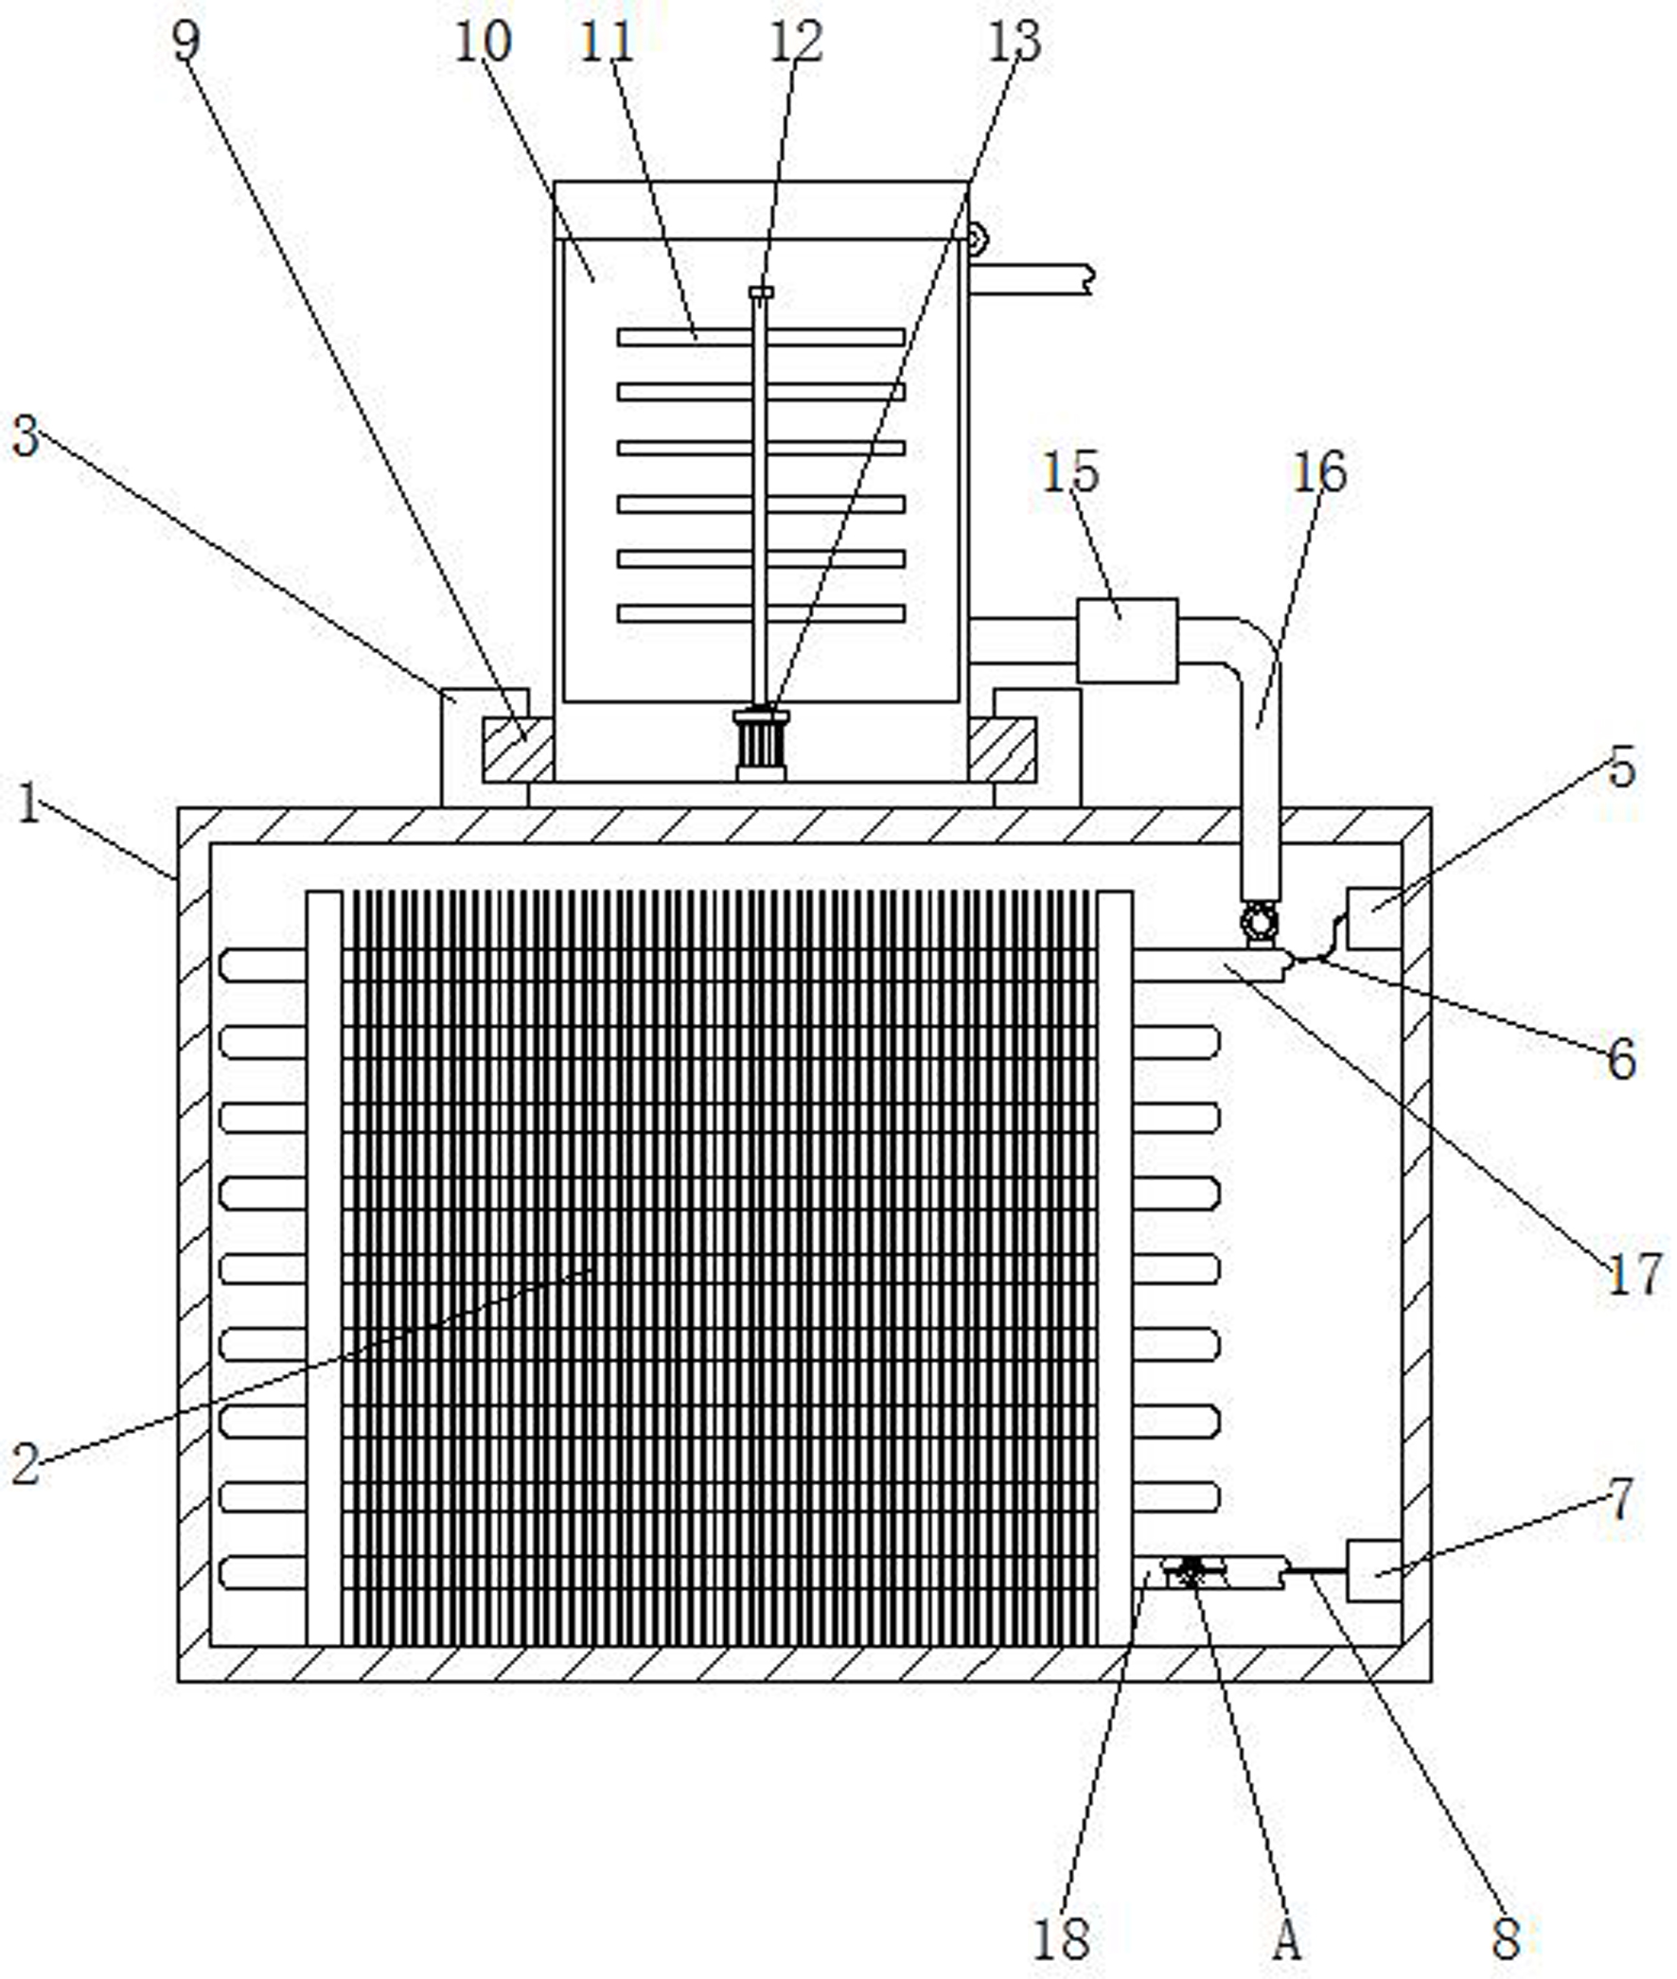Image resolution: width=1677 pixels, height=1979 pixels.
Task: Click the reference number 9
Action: (x=186, y=41)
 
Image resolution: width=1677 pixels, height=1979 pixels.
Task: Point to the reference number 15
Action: (x=1070, y=472)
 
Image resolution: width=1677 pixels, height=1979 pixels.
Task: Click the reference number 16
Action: (x=1319, y=472)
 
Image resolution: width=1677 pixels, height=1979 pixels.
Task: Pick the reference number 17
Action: (x=1634, y=1275)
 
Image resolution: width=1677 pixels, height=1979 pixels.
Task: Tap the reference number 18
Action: (x=1061, y=1938)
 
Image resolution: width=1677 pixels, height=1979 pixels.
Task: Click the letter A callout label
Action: (x=1286, y=1939)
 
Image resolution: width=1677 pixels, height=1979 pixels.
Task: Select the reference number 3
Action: (x=26, y=437)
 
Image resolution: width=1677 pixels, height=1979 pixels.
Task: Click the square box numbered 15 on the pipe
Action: (x=1126, y=640)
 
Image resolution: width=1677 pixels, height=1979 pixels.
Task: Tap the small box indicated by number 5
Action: (x=1374, y=917)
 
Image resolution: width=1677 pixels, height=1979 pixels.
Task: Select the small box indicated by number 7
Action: (x=1374, y=1570)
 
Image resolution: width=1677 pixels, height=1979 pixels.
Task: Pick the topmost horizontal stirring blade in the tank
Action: (x=761, y=338)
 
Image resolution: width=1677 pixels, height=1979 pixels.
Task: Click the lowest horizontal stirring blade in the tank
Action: (x=761, y=613)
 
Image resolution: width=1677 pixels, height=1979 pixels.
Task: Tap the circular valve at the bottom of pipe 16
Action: (x=1260, y=921)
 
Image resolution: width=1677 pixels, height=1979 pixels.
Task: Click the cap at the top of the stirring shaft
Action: (x=761, y=292)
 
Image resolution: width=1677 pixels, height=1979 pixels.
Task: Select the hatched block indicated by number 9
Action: (x=517, y=750)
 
